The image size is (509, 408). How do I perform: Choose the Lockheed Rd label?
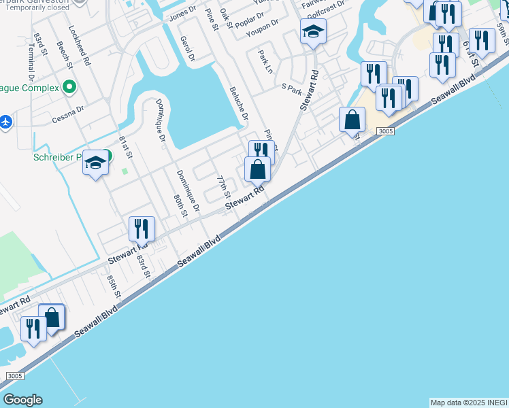click(x=80, y=46)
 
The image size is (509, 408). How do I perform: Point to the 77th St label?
click(x=223, y=187)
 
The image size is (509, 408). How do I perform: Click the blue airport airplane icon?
click(x=6, y=122)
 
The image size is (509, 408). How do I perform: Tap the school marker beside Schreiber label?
click(x=95, y=163)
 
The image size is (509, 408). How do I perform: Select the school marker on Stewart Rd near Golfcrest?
click(x=313, y=31)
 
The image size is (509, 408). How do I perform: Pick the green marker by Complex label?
click(x=68, y=87)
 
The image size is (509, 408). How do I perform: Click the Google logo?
click(x=22, y=400)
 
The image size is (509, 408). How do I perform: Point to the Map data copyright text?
click(x=469, y=403)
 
